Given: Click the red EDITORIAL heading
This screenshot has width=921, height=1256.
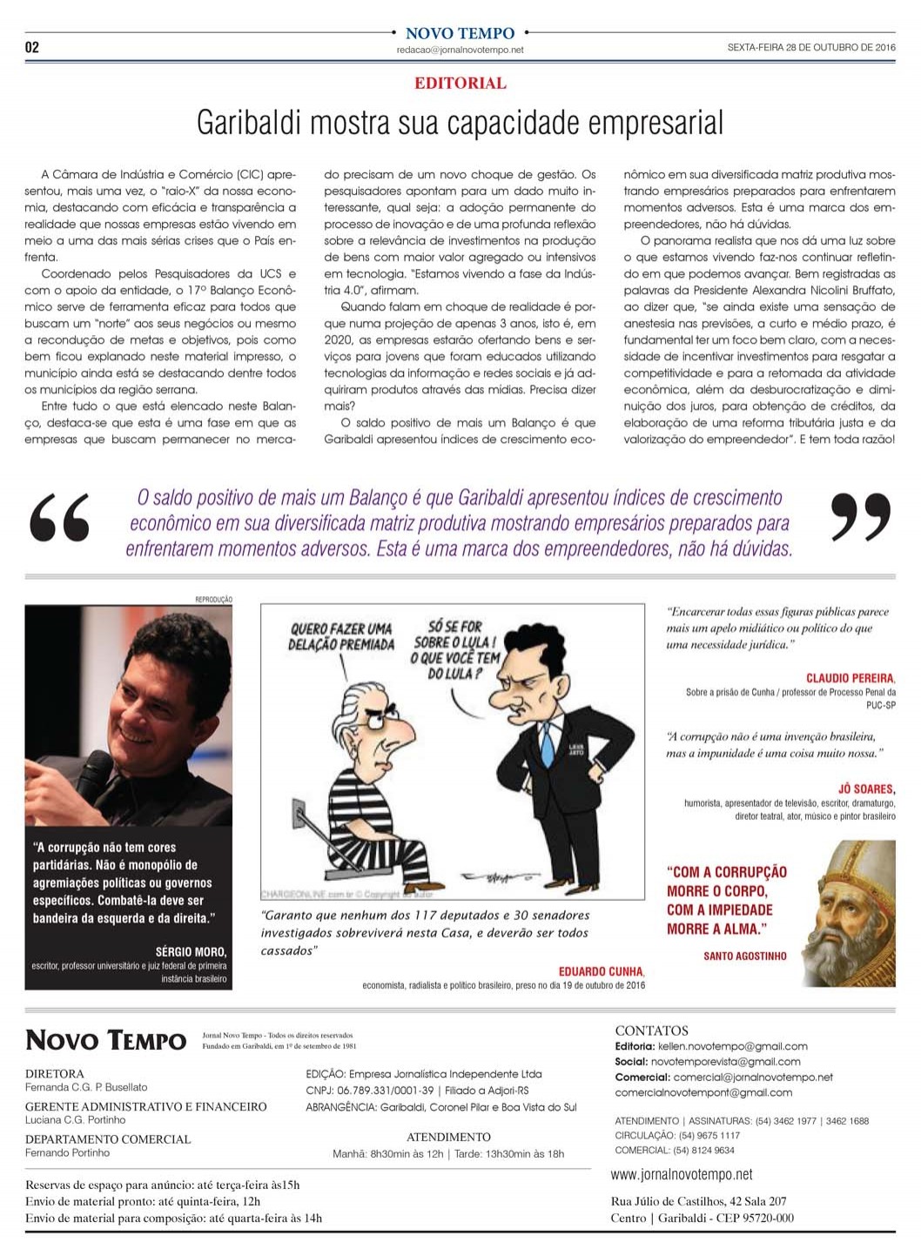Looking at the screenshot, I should pyautogui.click(x=460, y=84).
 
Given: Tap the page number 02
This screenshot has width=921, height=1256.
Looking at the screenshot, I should pyautogui.click(x=32, y=47).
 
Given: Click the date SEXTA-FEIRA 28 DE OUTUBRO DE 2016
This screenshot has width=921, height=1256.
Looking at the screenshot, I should pyautogui.click(x=810, y=48).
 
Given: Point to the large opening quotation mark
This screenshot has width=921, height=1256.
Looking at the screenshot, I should pyautogui.click(x=59, y=519).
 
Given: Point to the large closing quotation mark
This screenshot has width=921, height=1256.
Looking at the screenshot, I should pyautogui.click(x=859, y=517).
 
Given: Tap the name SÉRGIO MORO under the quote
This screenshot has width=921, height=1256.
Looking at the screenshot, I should pyautogui.click(x=191, y=951).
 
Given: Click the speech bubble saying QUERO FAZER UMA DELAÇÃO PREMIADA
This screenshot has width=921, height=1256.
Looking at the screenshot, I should pyautogui.click(x=341, y=636).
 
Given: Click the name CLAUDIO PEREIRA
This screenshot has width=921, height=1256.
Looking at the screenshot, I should pyautogui.click(x=850, y=678).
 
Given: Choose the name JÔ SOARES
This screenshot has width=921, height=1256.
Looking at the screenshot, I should pyautogui.click(x=866, y=789).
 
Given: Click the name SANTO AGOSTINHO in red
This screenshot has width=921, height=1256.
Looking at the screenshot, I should pyautogui.click(x=744, y=956).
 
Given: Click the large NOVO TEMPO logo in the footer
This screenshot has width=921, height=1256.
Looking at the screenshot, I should pyautogui.click(x=106, y=1040).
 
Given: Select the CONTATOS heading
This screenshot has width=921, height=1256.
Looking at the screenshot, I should pyautogui.click(x=651, y=1031).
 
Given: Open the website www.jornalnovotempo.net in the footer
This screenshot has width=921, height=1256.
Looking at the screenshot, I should pyautogui.click(x=682, y=1175).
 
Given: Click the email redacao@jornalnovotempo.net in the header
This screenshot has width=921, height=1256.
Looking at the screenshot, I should pyautogui.click(x=460, y=50).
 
